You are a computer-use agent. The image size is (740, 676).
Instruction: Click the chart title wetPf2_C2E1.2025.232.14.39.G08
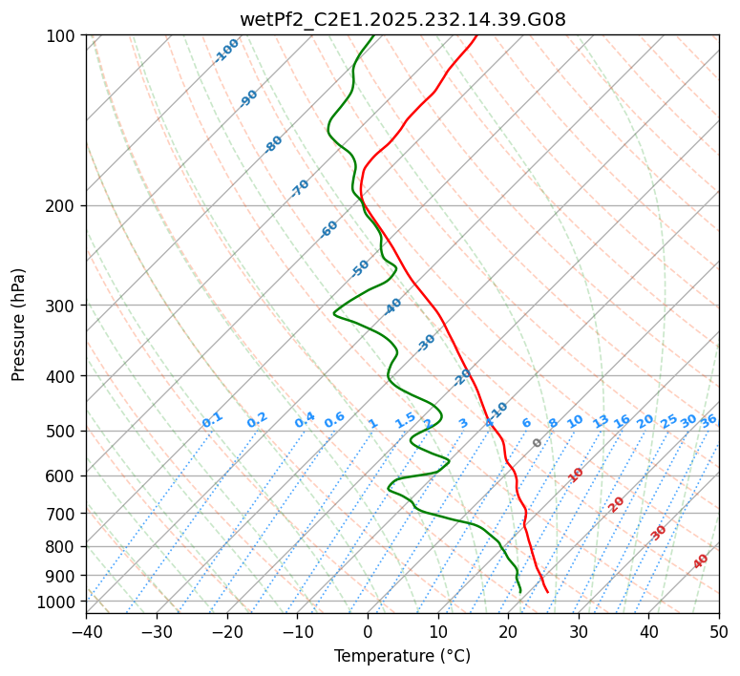click(x=402, y=19)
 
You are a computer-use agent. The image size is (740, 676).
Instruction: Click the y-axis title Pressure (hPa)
click(x=19, y=324)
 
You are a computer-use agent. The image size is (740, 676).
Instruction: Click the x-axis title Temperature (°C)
click(x=402, y=656)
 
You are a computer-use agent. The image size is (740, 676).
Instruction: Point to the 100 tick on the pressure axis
click(x=63, y=36)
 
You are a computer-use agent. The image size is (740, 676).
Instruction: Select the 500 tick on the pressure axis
click(x=63, y=431)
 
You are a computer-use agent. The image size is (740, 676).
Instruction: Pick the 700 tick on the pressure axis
click(x=63, y=514)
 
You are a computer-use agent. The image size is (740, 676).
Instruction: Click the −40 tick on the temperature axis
click(x=86, y=631)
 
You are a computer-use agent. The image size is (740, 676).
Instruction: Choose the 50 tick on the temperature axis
click(x=719, y=631)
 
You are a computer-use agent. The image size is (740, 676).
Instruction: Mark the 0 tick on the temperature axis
click(x=368, y=631)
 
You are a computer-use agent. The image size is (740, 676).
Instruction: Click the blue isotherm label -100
click(x=226, y=51)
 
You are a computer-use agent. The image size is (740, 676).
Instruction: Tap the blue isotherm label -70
click(x=300, y=188)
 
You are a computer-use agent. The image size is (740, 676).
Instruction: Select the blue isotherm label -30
click(x=426, y=343)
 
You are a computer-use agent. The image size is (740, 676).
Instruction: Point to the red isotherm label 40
click(x=701, y=561)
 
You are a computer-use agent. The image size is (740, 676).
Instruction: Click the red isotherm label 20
click(x=617, y=503)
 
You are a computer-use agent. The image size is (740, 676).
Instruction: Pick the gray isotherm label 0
click(x=537, y=443)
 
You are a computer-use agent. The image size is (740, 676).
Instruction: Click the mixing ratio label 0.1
click(x=212, y=420)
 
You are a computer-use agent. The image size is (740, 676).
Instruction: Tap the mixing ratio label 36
click(x=708, y=420)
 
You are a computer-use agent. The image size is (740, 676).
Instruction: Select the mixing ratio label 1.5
click(x=405, y=420)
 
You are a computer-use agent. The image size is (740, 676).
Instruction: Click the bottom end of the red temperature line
click(x=547, y=592)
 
